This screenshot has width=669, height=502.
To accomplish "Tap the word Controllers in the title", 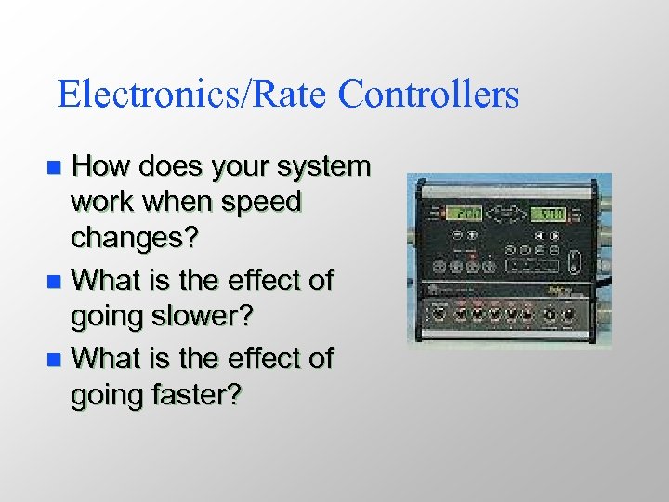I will click(428, 95).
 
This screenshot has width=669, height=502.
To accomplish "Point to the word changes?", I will click(135, 239).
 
